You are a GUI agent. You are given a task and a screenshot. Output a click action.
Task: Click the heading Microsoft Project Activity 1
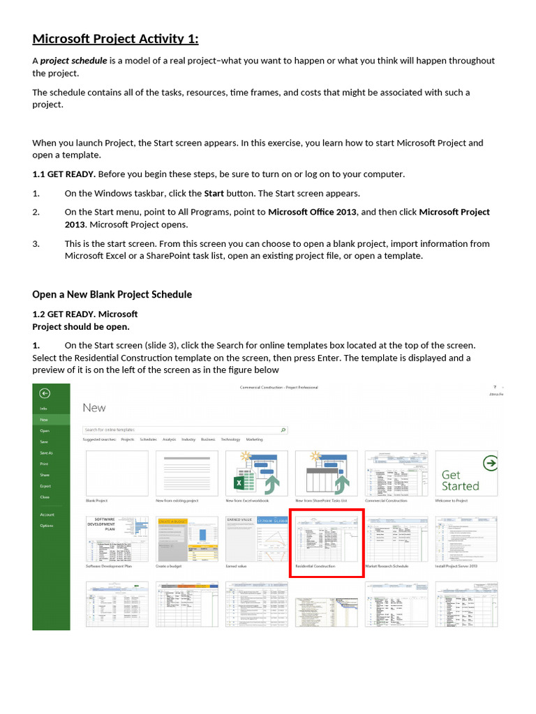(x=115, y=38)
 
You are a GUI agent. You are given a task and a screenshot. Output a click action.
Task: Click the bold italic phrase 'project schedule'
(x=73, y=61)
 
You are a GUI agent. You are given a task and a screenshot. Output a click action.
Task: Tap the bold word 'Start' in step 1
(x=213, y=193)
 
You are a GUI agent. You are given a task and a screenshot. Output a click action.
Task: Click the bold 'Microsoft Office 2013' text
(x=312, y=212)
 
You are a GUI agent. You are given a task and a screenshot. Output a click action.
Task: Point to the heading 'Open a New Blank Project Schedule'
(x=112, y=294)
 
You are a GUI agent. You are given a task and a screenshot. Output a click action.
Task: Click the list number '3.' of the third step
(x=36, y=244)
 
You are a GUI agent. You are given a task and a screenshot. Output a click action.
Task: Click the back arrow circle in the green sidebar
(x=45, y=393)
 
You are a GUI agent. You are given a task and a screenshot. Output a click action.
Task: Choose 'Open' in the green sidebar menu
(x=45, y=431)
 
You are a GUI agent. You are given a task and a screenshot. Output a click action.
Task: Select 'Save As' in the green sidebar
(x=47, y=453)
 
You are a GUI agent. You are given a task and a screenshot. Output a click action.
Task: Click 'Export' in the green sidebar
(x=45, y=486)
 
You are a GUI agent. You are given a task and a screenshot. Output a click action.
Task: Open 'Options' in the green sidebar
(x=47, y=526)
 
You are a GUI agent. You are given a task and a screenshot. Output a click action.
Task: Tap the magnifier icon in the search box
(x=283, y=430)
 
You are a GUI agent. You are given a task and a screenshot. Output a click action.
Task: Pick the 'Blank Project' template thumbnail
(x=117, y=473)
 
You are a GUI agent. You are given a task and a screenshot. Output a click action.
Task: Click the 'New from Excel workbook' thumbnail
(x=256, y=473)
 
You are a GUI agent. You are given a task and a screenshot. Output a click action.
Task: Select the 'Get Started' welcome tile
(x=466, y=473)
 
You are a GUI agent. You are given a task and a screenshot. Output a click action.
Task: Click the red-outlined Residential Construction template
(x=327, y=542)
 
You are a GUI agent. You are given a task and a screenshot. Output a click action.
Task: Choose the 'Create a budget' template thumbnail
(x=186, y=539)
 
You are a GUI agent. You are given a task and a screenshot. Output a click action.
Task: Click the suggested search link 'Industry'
(x=188, y=440)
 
